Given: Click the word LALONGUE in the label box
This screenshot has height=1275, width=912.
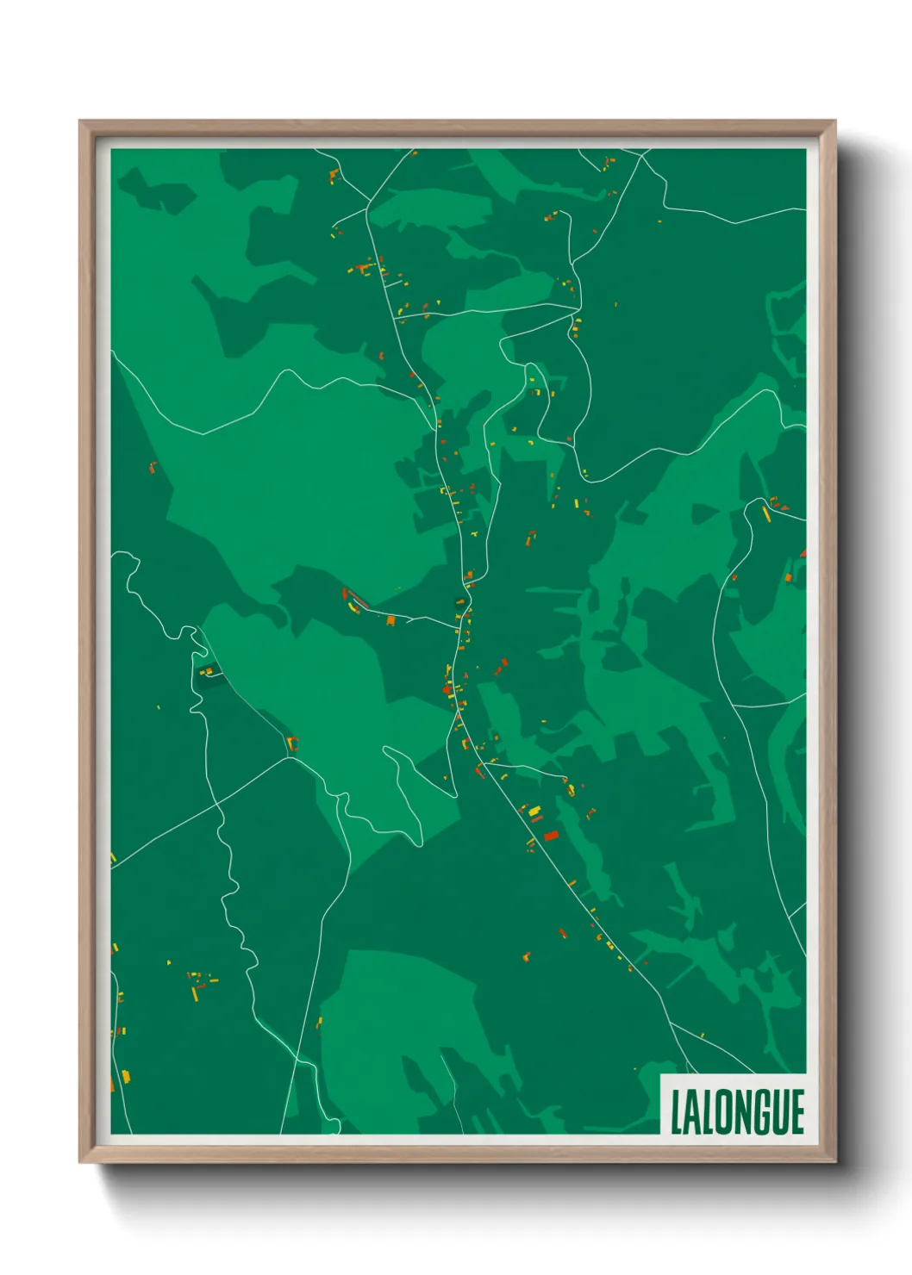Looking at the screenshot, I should pos(737,1112).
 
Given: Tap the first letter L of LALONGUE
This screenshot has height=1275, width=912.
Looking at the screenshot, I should pos(678,1113).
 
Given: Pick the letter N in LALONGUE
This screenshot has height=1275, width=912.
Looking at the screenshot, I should pos(743,1113).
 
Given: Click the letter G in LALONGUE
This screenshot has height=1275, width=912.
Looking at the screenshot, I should pos(762,1113).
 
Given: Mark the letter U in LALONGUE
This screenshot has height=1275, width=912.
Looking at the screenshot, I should pos(781,1113).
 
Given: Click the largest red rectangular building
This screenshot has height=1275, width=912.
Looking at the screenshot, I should pos(550,835).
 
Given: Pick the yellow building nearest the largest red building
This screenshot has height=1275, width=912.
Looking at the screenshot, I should pos(534,811).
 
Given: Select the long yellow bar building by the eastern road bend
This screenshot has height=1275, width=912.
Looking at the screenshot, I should pos(765,514).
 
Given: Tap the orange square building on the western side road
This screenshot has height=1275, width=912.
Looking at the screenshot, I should pos(390,619).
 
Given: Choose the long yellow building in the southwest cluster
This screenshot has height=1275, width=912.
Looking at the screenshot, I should pos(195,993).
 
